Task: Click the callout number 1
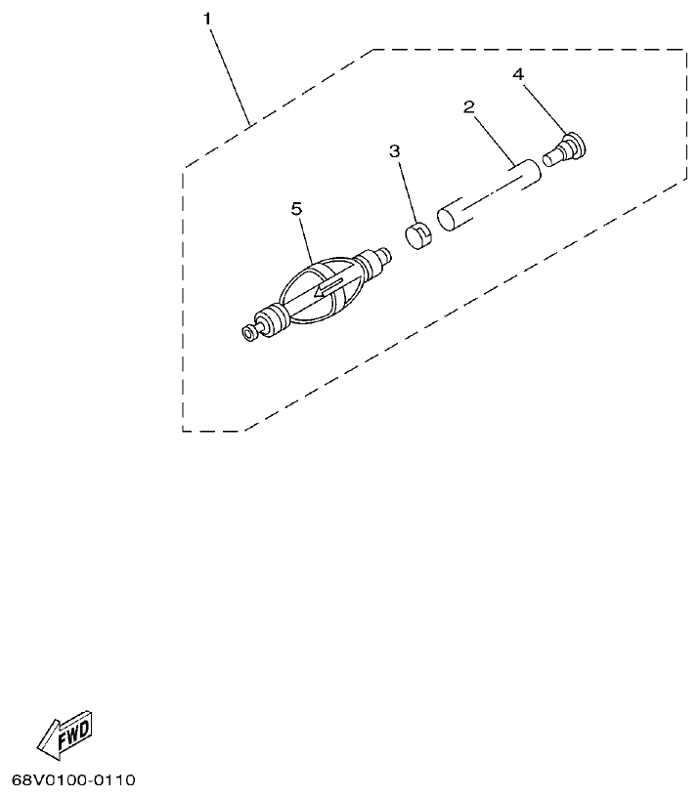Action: click(207, 19)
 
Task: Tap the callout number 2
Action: click(468, 106)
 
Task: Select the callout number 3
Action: click(394, 151)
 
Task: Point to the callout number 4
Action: click(519, 74)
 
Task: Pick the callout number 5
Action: click(297, 208)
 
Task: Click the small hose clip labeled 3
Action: click(419, 235)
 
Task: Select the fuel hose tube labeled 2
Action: click(488, 198)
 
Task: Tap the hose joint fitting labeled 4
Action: click(564, 152)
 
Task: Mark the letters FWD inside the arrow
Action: click(73, 733)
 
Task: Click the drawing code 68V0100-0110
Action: click(73, 780)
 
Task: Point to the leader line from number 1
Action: click(231, 74)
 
